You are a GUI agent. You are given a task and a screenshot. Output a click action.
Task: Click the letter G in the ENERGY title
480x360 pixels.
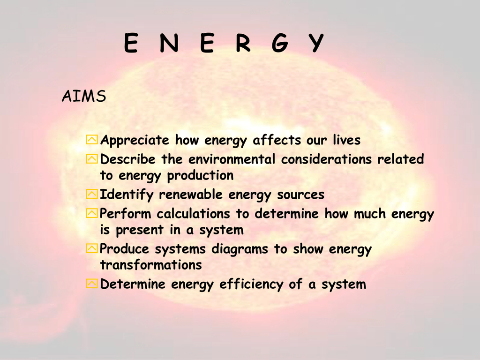(280, 43)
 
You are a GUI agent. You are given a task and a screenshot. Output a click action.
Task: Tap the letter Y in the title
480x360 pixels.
(315, 43)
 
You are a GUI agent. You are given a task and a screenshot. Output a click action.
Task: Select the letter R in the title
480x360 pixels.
(243, 43)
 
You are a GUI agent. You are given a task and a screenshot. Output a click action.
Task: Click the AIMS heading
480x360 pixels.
(84, 96)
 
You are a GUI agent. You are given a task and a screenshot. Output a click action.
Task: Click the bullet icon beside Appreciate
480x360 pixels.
(92, 140)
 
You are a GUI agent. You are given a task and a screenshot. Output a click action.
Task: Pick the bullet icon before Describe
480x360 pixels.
(92, 158)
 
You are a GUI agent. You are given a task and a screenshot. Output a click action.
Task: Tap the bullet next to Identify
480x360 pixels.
(92, 194)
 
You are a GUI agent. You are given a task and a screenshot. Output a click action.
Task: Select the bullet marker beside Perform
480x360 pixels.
(92, 213)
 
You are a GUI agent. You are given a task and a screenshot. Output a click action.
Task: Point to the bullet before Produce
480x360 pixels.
(92, 248)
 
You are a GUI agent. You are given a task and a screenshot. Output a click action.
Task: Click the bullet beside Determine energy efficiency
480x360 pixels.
(92, 284)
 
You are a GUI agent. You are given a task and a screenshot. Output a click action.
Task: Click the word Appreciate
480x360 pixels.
(135, 141)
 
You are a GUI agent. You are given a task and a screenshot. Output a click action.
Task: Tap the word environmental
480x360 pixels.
(232, 159)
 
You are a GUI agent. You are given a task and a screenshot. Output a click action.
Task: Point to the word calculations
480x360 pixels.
(193, 213)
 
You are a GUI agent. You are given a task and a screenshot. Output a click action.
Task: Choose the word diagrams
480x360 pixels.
(240, 249)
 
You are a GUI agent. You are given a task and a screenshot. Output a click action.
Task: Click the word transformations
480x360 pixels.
(151, 265)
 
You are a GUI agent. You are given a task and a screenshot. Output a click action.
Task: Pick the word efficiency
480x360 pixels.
(251, 285)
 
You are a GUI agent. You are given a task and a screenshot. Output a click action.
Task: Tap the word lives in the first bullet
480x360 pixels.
(347, 140)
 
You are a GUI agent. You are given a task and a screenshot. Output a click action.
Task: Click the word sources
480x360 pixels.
(300, 195)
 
